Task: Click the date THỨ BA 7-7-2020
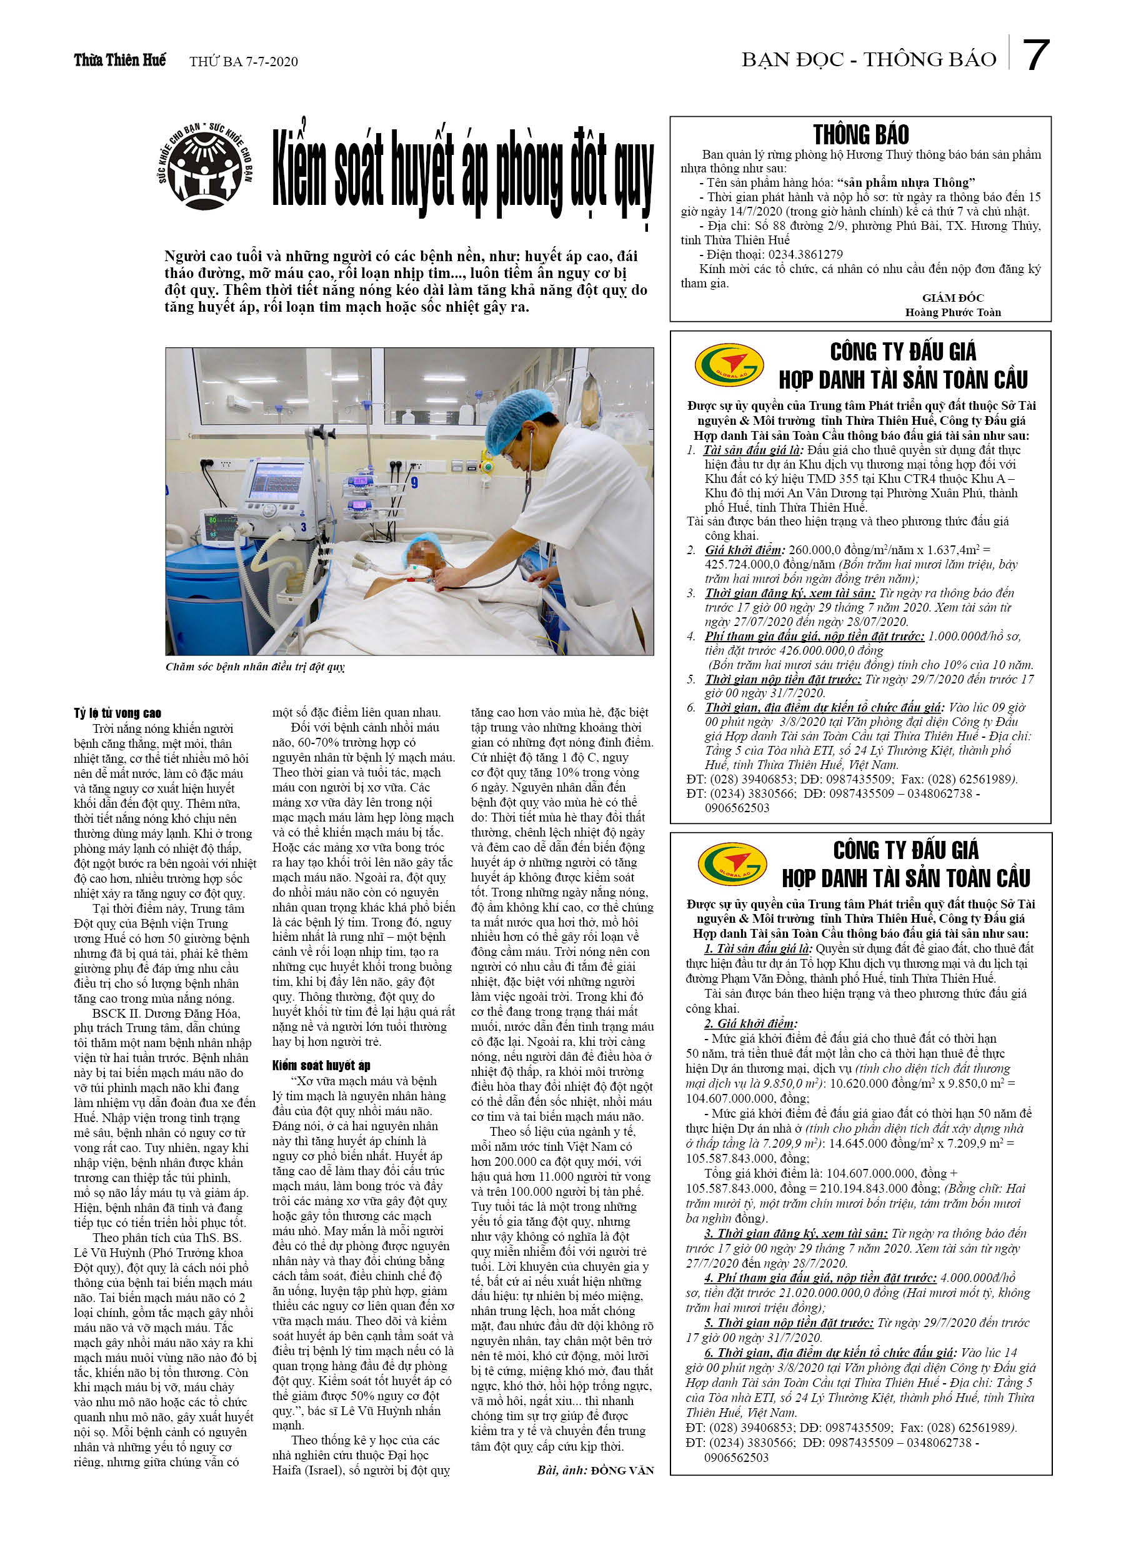(x=244, y=61)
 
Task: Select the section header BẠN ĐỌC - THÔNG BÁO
(x=869, y=60)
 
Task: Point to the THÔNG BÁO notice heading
(x=860, y=134)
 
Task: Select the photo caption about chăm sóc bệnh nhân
(x=255, y=667)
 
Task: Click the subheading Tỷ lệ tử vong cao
(x=117, y=713)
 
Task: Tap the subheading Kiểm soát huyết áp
(x=321, y=1065)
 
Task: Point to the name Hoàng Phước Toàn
(x=952, y=312)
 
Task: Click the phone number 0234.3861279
(x=805, y=254)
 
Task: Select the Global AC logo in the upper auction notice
(x=729, y=364)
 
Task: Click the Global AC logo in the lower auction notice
(x=732, y=864)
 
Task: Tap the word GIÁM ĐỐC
(x=952, y=297)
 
